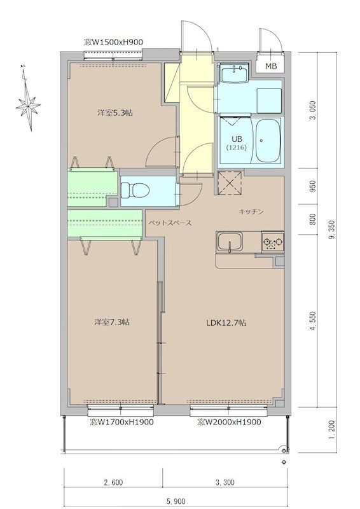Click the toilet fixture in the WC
[135, 190]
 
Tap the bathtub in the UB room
[268, 141]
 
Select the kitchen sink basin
[230, 242]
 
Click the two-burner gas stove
[273, 242]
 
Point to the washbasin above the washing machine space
[233, 73]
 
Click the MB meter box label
[271, 67]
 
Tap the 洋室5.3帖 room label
[115, 113]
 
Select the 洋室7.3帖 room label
[112, 323]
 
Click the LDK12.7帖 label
[226, 323]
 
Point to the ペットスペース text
[170, 223]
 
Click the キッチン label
[251, 212]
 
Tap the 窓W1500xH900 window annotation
[113, 42]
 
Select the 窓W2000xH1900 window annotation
[229, 422]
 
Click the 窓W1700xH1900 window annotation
[121, 422]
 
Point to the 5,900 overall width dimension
[177, 501]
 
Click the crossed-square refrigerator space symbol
[230, 183]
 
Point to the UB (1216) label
[237, 143]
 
